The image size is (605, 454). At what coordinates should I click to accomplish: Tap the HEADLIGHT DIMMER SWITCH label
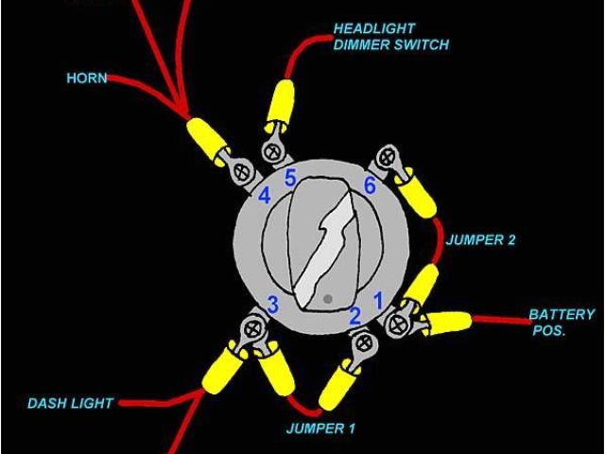[390, 37]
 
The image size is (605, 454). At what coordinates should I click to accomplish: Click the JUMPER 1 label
[320, 428]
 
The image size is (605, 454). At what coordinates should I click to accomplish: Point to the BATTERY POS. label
[561, 323]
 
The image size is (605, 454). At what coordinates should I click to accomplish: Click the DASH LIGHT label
[70, 404]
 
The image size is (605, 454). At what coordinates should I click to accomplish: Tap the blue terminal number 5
[291, 176]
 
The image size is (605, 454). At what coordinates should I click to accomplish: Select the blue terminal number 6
[369, 186]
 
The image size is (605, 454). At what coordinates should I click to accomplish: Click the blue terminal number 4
[266, 196]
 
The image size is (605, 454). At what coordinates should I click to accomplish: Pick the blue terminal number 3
[271, 304]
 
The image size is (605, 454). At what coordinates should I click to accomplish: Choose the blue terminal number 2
[355, 316]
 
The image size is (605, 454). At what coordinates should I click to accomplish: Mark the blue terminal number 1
[378, 301]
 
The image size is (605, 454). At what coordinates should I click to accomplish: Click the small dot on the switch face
[327, 299]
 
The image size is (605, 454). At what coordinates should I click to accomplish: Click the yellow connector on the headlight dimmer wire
[280, 102]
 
